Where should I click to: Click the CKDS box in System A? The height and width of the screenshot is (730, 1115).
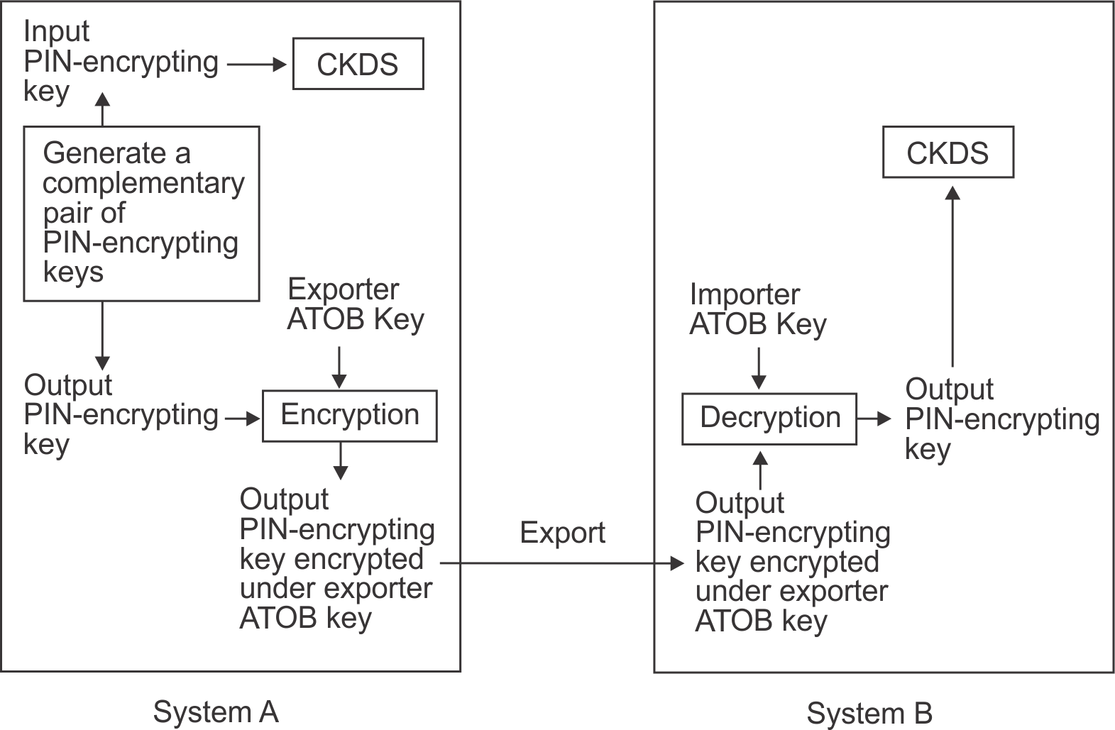tap(358, 65)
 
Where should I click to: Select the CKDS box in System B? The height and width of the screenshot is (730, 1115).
tap(948, 153)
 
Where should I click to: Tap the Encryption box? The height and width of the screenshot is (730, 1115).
tap(350, 416)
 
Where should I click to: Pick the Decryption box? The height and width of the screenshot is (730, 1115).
tap(769, 419)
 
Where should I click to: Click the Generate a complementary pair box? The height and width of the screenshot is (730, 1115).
tap(141, 214)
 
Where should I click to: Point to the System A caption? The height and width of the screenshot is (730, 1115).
tap(216, 712)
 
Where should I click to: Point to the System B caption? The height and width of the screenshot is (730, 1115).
tap(869, 713)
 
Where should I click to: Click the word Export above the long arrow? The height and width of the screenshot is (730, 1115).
tap(562, 533)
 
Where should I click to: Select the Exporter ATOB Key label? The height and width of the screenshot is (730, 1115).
tap(355, 304)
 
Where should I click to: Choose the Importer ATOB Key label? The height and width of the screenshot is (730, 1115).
tap(758, 309)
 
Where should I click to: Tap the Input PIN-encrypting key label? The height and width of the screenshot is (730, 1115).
tap(121, 62)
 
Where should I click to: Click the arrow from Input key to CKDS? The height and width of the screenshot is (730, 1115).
tap(256, 65)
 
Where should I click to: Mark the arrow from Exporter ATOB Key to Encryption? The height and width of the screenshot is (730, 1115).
tap(339, 367)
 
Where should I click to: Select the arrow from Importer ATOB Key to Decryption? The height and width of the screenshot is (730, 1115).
tap(759, 367)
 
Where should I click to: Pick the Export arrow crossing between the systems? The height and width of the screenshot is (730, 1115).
tap(561, 564)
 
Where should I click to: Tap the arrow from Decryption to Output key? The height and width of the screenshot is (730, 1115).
tap(874, 419)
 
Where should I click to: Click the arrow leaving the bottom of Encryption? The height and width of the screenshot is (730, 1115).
tap(341, 460)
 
